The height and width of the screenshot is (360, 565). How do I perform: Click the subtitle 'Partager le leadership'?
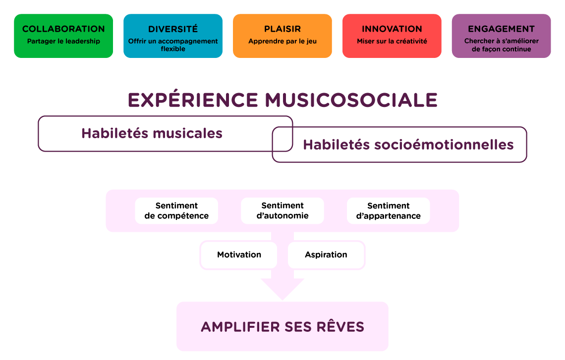coord(63,42)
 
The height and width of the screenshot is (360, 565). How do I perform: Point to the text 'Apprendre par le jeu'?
coord(282,42)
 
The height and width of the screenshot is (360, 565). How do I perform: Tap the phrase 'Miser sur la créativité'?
coord(392,42)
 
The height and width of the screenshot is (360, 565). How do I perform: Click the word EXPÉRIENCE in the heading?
coord(193,100)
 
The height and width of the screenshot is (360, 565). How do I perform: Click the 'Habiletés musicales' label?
coord(152,133)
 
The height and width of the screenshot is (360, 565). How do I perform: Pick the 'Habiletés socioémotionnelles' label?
coord(408,145)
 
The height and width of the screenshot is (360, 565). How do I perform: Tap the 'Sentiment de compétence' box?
coord(176,211)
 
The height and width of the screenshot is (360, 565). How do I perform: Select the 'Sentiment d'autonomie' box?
coord(282,211)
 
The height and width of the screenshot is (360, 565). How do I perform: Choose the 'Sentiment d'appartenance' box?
coord(389,211)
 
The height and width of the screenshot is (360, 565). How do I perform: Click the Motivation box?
coord(239,255)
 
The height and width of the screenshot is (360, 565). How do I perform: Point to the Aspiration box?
coord(326,255)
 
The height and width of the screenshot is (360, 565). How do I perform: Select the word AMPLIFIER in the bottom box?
coord(240,327)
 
